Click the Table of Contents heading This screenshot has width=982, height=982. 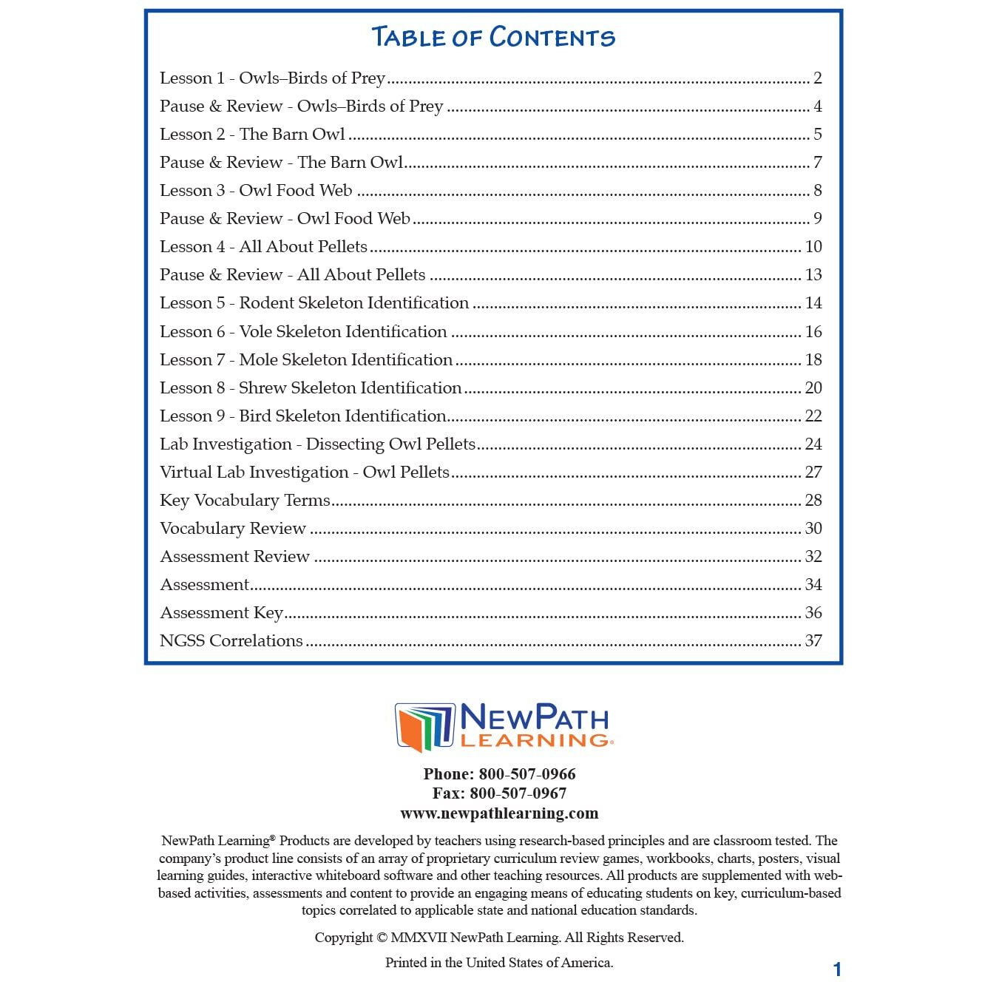492,37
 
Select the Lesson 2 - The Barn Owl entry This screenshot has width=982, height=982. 252,135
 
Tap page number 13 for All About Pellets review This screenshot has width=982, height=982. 813,275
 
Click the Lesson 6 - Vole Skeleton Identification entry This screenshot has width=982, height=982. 303,332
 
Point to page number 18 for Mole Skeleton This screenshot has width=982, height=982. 813,360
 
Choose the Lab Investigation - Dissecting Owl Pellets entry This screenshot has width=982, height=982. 317,444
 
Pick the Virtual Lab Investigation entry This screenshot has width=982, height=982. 305,473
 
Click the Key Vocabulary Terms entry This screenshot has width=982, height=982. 245,501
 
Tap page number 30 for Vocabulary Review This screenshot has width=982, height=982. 813,529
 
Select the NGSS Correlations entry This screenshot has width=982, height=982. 231,641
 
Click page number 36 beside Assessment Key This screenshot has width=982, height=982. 813,613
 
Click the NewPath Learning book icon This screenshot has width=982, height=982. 424,727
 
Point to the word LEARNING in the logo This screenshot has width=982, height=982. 535,740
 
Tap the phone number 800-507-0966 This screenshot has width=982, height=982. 526,774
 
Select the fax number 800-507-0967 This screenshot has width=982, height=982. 518,793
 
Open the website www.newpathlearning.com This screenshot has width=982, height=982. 499,813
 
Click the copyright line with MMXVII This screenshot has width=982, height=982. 499,938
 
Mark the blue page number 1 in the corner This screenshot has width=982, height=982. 837,969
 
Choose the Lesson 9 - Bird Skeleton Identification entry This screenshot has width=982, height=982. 303,416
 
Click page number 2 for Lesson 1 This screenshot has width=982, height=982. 818,78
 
